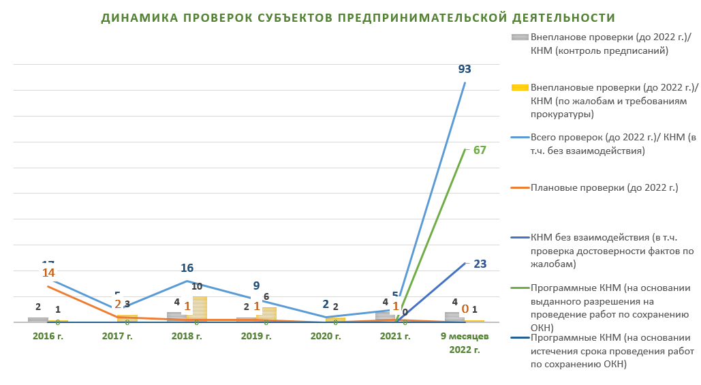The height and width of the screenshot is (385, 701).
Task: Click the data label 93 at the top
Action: point(465,69)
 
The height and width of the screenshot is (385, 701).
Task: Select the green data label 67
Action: point(480,150)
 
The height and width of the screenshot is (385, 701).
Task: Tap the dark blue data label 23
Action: point(480,264)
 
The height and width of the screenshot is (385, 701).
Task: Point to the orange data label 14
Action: point(48,273)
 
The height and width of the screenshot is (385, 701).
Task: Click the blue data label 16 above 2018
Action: point(187,268)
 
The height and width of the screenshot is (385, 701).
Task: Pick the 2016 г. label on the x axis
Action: point(48,336)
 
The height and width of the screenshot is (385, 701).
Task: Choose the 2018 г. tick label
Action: point(187,336)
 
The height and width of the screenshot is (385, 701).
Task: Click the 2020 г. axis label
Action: point(326,336)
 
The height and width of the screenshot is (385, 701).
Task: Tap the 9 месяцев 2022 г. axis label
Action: point(465,343)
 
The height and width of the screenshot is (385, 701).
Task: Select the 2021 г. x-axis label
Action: point(396,336)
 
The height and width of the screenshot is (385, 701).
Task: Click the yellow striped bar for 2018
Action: point(200,309)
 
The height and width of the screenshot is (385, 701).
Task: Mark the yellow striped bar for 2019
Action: point(269,314)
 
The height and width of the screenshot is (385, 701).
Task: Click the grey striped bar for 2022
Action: point(452,317)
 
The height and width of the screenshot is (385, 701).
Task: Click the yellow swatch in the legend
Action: point(520,88)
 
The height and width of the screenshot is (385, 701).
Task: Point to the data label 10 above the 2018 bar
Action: point(196,286)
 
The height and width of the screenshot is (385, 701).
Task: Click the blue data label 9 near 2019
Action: point(255,286)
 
